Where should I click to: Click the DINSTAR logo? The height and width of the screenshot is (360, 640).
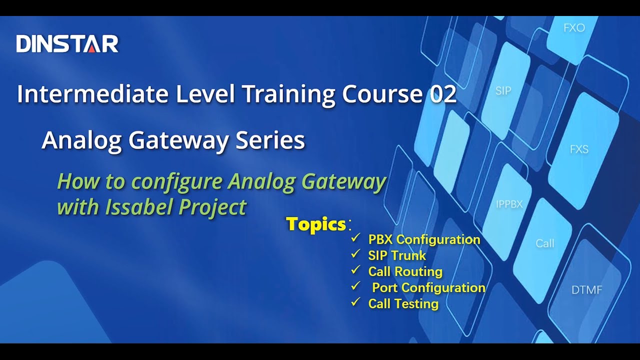[x=67, y=44]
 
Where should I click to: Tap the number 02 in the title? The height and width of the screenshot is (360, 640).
[x=443, y=94]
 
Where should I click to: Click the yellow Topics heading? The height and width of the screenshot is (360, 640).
[x=316, y=224]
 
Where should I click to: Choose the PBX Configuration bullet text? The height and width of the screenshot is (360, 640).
[x=424, y=239]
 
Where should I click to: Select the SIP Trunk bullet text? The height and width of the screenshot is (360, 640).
[x=397, y=255]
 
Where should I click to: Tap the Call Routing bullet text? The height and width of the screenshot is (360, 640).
[x=405, y=271]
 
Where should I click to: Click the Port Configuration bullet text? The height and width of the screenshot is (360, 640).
[x=428, y=287]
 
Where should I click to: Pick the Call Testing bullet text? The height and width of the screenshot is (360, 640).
[x=403, y=303]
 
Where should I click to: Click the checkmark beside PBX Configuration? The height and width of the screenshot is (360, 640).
[x=356, y=238]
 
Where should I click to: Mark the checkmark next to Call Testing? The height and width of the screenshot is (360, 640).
[x=356, y=302]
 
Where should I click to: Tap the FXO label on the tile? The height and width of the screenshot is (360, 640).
[x=574, y=28]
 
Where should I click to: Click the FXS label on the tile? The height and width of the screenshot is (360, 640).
[x=579, y=149]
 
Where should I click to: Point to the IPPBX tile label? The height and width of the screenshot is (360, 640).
[x=509, y=204]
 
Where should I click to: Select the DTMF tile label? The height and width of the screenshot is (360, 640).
[x=586, y=290]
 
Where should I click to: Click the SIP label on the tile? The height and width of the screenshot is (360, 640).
[x=503, y=91]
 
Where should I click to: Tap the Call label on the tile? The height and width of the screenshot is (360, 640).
[x=544, y=243]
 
